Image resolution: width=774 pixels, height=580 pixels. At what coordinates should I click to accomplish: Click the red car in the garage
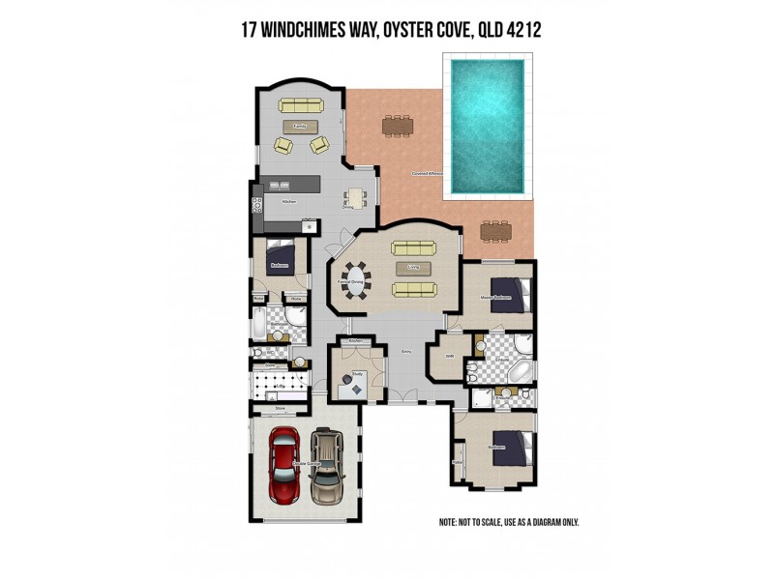[285, 465]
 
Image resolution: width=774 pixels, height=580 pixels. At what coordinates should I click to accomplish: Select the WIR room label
[449, 357]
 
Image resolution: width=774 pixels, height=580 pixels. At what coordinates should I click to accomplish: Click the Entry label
[406, 353]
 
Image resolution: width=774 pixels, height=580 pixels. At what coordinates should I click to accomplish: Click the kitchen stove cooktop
[257, 204]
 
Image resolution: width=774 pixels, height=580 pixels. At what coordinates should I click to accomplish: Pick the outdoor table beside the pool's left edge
[396, 125]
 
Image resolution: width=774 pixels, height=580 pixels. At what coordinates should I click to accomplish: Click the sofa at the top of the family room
[302, 105]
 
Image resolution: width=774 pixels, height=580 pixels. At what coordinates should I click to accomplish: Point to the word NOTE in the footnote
[448, 522]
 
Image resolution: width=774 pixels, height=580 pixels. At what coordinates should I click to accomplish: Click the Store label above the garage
[280, 409]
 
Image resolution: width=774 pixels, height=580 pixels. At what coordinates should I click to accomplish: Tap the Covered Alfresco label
[427, 175]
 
